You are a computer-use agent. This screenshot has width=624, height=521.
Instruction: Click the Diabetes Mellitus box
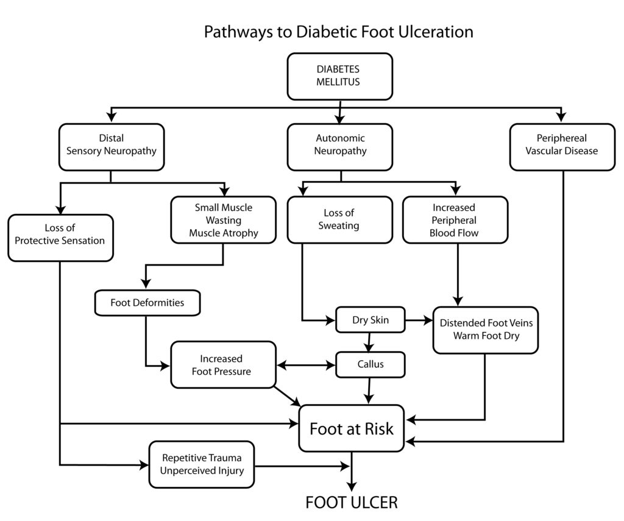click(x=340, y=76)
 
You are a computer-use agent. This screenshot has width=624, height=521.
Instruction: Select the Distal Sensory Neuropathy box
click(x=112, y=147)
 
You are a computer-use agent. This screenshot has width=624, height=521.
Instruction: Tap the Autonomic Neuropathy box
click(x=340, y=147)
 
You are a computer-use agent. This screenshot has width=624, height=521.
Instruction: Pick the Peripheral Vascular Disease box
click(x=562, y=147)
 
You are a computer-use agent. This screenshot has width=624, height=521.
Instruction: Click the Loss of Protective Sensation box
click(x=60, y=238)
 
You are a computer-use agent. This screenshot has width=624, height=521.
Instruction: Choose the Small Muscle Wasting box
click(x=223, y=220)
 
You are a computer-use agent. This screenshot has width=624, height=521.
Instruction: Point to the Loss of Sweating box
click(x=340, y=220)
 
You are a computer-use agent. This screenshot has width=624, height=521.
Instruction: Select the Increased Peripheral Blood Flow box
click(x=455, y=220)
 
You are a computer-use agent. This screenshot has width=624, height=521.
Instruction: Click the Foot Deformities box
click(x=147, y=303)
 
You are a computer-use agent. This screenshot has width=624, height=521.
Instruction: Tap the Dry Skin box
click(x=370, y=319)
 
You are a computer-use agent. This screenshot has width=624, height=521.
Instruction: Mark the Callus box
click(x=370, y=364)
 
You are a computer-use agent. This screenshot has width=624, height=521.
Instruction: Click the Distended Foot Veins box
click(x=486, y=330)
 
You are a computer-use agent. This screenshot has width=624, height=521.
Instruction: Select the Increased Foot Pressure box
click(x=223, y=364)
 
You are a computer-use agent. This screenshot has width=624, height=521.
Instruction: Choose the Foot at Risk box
click(x=352, y=428)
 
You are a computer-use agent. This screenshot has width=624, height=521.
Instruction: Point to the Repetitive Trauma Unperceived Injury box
click(x=202, y=464)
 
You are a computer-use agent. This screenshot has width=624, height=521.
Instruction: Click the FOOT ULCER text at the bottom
click(x=352, y=502)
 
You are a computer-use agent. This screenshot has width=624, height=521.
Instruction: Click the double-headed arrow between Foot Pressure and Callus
click(x=306, y=365)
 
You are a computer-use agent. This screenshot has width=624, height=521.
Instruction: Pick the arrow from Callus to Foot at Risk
click(x=370, y=391)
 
